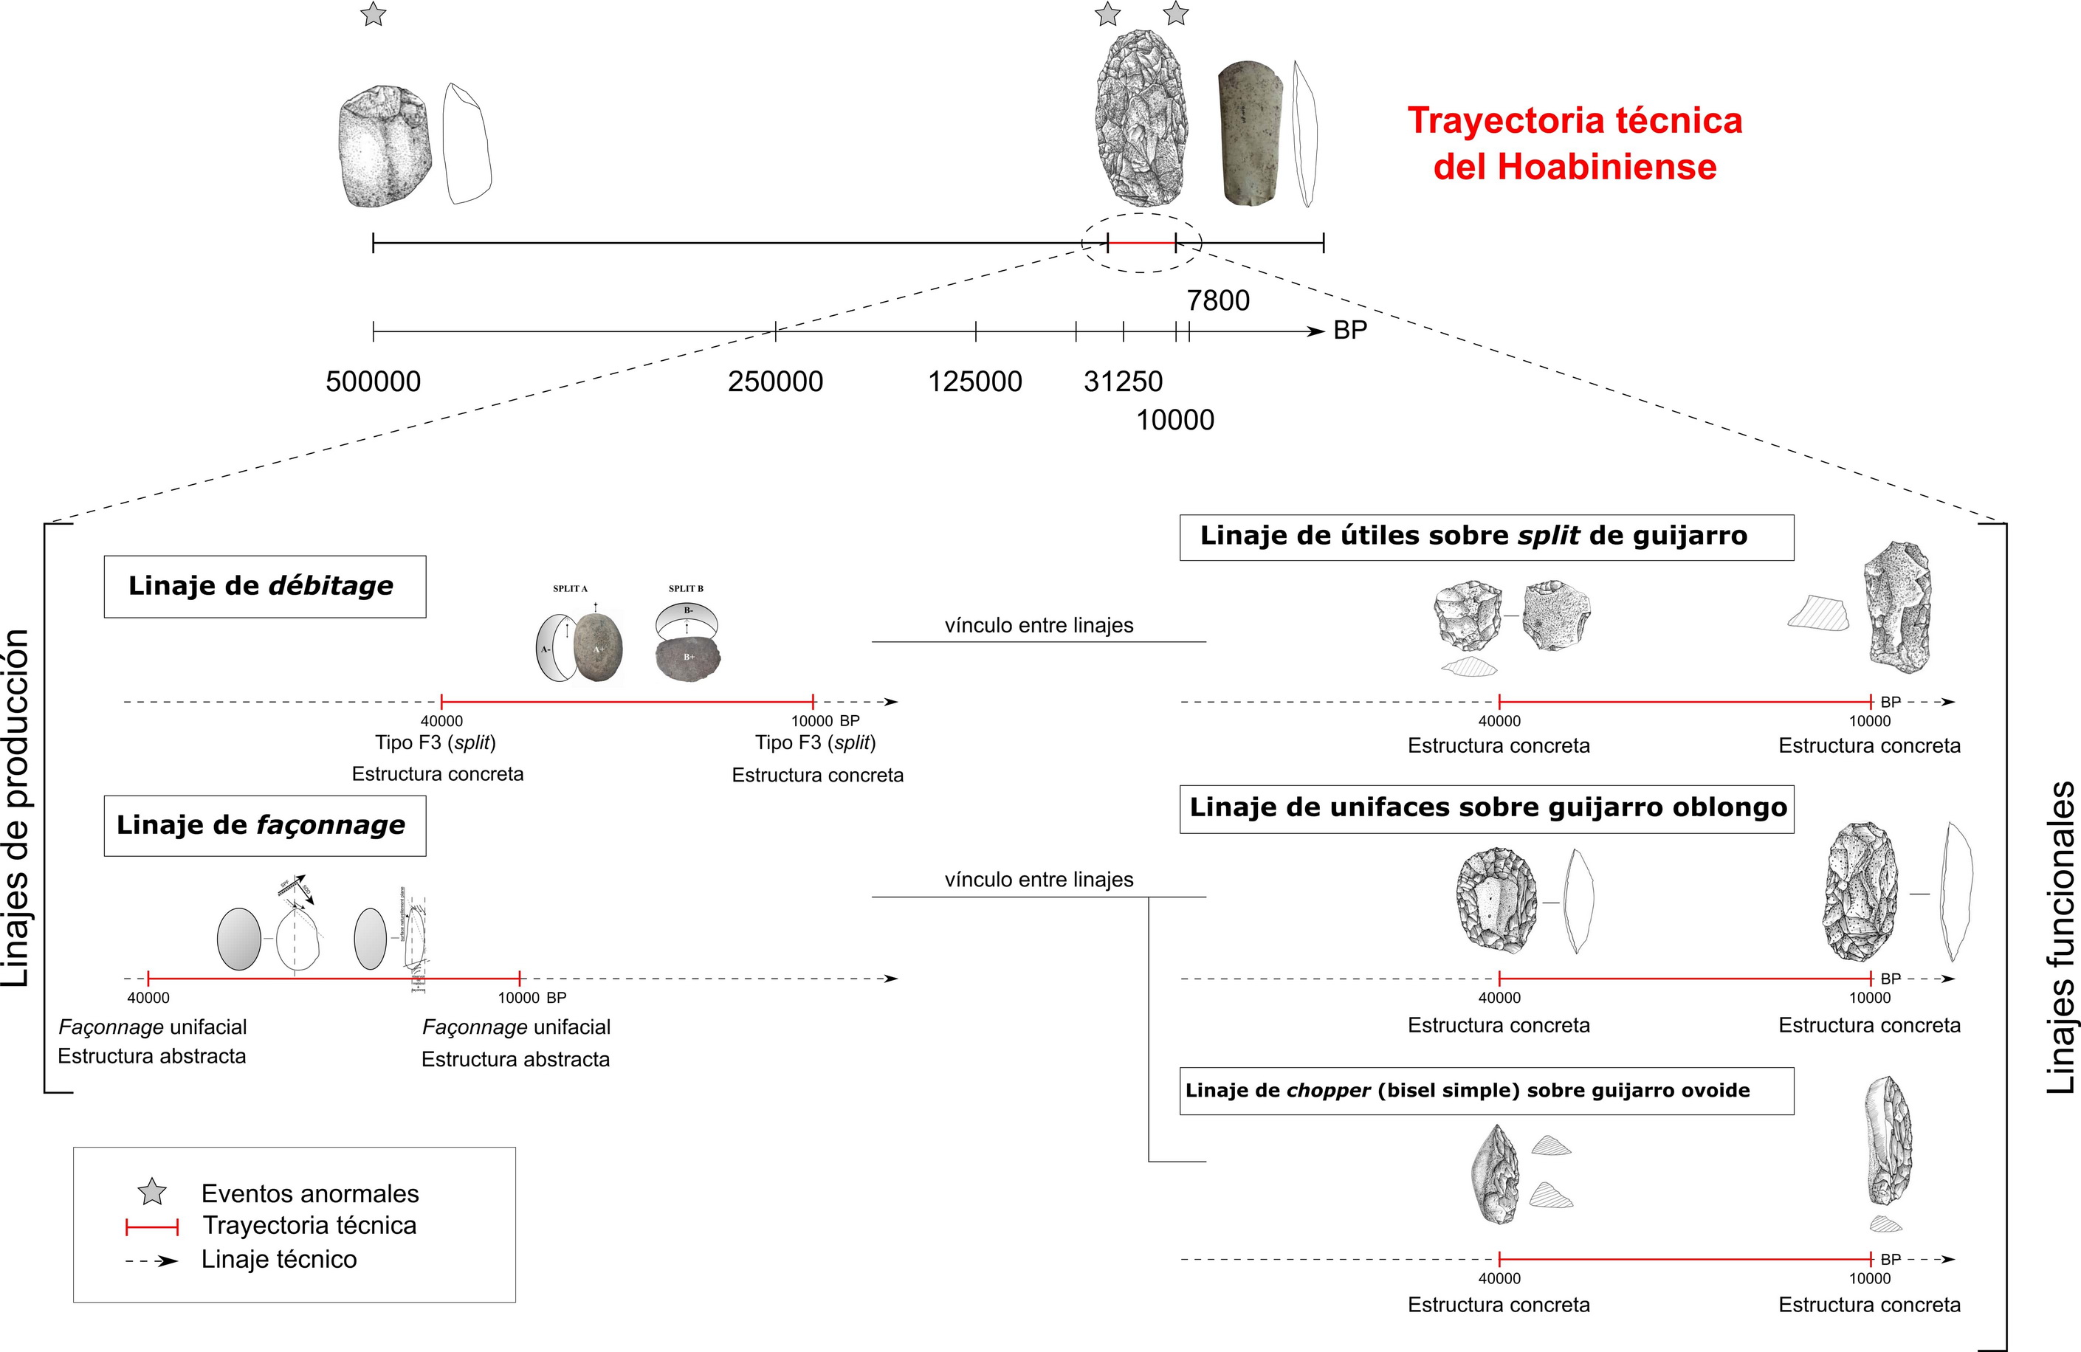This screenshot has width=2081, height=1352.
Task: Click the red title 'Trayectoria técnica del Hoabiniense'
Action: point(1575,143)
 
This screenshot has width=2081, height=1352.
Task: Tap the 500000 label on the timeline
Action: point(374,382)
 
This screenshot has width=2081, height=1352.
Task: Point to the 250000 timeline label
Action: point(776,382)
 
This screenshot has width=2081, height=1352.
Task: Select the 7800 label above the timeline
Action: point(1218,300)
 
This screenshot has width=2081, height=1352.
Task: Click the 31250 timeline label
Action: point(1123,382)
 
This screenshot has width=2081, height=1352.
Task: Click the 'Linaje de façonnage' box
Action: point(264,825)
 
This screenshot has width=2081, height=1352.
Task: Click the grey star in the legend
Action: point(152,1192)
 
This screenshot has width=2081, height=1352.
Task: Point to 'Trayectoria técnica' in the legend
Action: point(309,1225)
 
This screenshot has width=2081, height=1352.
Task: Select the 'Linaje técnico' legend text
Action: point(279,1259)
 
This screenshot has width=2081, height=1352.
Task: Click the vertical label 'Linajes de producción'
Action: point(18,807)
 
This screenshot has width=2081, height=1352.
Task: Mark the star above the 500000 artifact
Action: point(374,14)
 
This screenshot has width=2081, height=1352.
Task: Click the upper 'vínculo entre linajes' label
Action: point(1039,626)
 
